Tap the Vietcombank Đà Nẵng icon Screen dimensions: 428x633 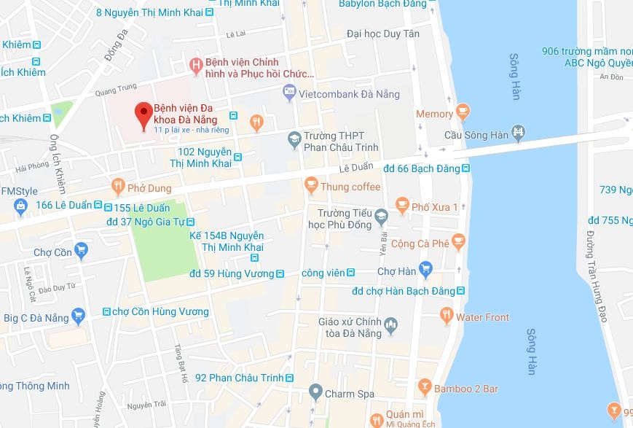tap(289, 93)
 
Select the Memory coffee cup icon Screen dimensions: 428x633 tap(463, 114)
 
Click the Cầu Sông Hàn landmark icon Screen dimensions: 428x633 tap(519, 135)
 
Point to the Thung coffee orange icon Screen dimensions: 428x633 tap(311, 186)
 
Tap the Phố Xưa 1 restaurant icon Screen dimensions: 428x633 tap(401, 207)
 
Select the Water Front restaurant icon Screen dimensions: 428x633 tap(447, 317)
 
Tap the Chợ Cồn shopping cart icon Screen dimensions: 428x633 tap(80, 252)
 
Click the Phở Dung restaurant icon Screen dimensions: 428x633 tap(117, 187)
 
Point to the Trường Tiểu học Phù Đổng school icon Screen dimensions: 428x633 tap(380, 217)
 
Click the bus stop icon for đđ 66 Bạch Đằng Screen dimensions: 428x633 tap(465, 168)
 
